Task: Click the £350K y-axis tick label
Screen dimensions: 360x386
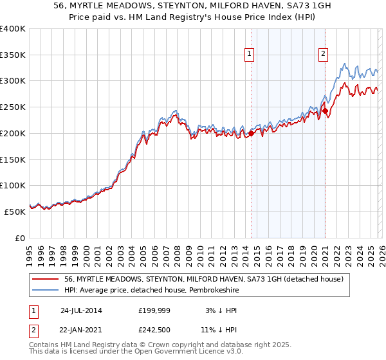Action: pos(13,55)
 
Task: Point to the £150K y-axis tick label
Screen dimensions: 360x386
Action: pos(13,159)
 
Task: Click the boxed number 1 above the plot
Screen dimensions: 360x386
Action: pos(248,54)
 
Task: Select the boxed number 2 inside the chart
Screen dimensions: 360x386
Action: pos(323,54)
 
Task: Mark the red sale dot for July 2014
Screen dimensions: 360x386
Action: pos(251,134)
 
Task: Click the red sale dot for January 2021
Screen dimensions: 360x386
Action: pos(326,111)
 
